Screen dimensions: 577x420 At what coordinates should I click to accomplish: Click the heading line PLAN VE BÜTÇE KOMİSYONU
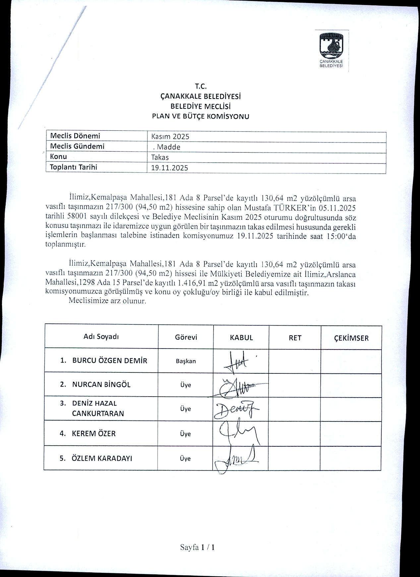click(x=200, y=116)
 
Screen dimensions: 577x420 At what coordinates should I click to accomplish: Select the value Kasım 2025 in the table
click(x=170, y=137)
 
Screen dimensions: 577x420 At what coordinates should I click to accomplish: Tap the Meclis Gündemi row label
click(x=77, y=146)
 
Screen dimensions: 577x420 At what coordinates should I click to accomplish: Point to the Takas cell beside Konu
click(x=160, y=157)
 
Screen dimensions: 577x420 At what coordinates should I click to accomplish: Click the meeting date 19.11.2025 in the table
click(x=169, y=168)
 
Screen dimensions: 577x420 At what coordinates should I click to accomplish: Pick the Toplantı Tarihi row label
click(x=73, y=167)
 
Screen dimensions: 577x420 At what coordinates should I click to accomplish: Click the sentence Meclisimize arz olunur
click(x=107, y=301)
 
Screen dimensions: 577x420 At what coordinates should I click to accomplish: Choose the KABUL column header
click(x=241, y=338)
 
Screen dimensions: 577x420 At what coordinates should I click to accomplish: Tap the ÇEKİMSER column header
click(x=351, y=338)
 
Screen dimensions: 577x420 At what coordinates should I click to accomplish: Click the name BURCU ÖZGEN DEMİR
click(x=109, y=360)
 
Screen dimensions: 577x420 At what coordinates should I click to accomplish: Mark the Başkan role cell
click(x=186, y=361)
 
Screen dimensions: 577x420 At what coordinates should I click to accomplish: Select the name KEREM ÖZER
click(x=93, y=433)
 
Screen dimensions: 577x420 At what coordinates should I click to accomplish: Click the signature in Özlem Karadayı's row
click(x=236, y=459)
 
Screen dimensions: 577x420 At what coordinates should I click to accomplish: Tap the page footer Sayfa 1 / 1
click(x=198, y=547)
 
